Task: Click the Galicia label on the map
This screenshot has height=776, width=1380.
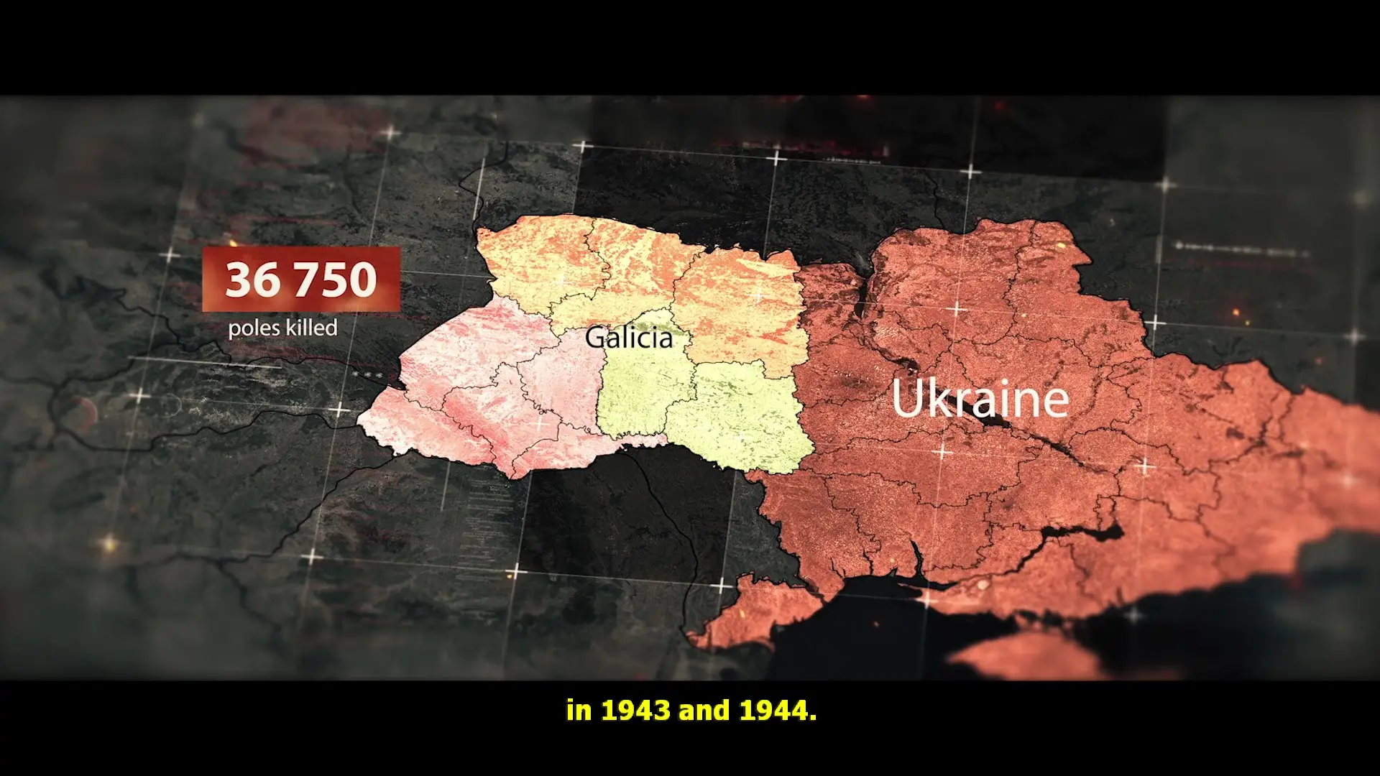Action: [629, 338]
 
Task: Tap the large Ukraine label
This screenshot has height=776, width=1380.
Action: [980, 399]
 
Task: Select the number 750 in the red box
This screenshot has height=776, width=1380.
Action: [340, 280]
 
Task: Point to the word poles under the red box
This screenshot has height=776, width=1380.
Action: [253, 329]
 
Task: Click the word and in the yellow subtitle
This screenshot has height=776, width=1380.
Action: [704, 711]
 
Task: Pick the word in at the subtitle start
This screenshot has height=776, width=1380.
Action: [579, 711]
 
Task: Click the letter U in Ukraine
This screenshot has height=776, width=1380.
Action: [908, 399]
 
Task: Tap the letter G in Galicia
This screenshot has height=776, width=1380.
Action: [596, 338]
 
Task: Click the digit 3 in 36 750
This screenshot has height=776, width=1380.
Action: [238, 280]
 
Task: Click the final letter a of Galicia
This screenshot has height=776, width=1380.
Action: [665, 339]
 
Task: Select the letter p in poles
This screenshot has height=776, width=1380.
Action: [234, 331]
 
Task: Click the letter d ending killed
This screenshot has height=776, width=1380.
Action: [331, 328]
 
